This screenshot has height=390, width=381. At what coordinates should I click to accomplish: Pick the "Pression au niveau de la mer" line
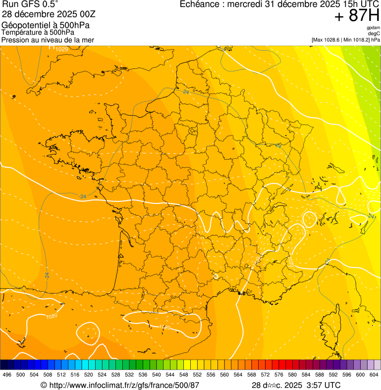(48, 40)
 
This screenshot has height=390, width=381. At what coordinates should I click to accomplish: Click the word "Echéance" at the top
(200, 4)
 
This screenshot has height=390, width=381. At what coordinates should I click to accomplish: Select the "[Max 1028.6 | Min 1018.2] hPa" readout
(345, 40)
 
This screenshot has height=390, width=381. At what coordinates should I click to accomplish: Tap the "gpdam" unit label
(373, 28)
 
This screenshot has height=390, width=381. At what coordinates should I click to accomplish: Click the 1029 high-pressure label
(61, 49)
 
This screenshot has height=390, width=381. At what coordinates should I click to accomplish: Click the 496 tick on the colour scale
(7, 375)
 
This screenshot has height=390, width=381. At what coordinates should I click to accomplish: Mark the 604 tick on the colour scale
(374, 375)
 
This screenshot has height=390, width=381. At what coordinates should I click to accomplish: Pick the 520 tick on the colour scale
(88, 375)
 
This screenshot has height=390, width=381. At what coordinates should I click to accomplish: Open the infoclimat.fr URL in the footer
(123, 385)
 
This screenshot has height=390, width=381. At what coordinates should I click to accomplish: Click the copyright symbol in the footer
(44, 385)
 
